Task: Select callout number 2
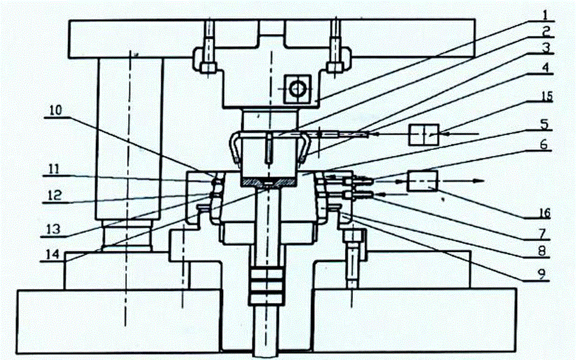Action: pos(547,29)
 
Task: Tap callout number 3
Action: pos(547,47)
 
